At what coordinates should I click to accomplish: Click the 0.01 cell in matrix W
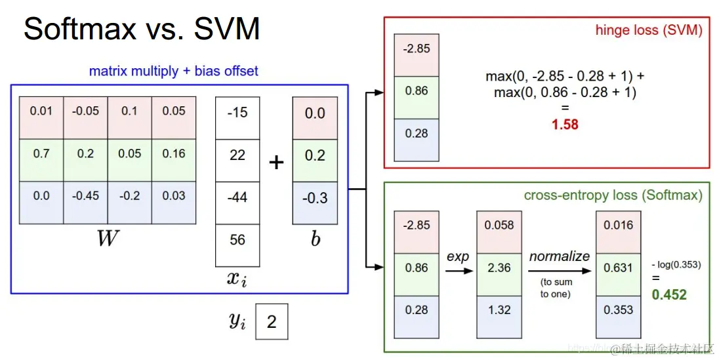pos(41,111)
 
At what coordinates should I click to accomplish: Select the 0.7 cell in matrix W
pos(41,153)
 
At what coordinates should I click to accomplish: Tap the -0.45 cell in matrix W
pos(85,195)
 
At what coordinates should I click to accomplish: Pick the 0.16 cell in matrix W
pos(174,153)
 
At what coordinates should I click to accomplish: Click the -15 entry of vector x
pos(237,112)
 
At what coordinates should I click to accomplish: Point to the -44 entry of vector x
pos(237,197)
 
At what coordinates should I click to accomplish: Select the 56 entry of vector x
pos(237,239)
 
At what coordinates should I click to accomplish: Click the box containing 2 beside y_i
pos(271,322)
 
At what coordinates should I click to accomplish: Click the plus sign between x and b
pos(276,162)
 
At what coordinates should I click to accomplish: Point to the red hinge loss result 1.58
pos(564,123)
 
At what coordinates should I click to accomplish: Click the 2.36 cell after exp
pos(499,268)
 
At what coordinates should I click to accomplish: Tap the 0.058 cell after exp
pos(499,225)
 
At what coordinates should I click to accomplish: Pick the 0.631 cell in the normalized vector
pos(618,268)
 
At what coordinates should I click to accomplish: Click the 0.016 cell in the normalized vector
pos(618,225)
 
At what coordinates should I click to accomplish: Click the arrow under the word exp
pos(459,270)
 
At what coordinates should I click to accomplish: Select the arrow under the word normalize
pos(559,270)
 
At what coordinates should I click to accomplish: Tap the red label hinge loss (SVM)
pos(648,30)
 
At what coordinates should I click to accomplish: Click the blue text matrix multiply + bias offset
pos(174,71)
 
